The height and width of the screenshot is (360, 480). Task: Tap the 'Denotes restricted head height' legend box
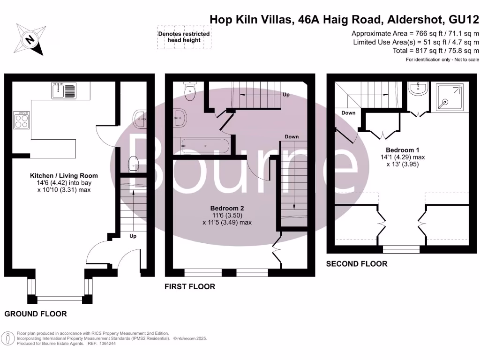(x=184, y=37)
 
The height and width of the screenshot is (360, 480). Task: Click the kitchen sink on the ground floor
(x=63, y=90)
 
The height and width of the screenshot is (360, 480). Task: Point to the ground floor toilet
(x=134, y=164)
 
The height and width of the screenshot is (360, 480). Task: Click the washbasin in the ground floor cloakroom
(x=140, y=119)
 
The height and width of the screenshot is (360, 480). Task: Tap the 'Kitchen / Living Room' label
(x=58, y=176)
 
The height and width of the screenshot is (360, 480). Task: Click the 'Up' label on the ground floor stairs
(x=133, y=236)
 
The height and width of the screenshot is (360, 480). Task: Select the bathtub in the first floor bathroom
(x=205, y=146)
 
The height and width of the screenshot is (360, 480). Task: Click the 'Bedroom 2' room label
(x=227, y=208)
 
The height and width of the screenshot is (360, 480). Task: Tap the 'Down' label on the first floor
(x=292, y=137)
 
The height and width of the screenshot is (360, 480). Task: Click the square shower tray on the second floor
(x=450, y=98)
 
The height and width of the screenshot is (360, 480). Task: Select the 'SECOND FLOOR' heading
(x=357, y=264)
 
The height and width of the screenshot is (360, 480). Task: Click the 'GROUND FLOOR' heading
(x=36, y=314)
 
